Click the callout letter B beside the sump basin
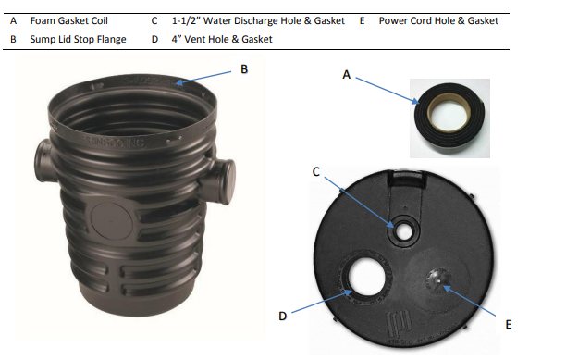pyautogui.click(x=244, y=69)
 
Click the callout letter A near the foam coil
pyautogui.click(x=346, y=75)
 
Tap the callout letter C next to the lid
pyautogui.click(x=316, y=172)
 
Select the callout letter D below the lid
pyautogui.click(x=283, y=317)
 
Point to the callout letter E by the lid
pyautogui.click(x=509, y=325)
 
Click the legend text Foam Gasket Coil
pyautogui.click(x=69, y=21)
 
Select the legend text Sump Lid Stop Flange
pyautogui.click(x=78, y=40)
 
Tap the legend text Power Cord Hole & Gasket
pyautogui.click(x=438, y=21)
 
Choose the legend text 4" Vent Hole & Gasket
pyautogui.click(x=222, y=39)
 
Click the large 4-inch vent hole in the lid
pyautogui.click(x=366, y=276)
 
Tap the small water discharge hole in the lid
pyautogui.click(x=404, y=231)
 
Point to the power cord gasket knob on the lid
pyautogui.click(x=438, y=280)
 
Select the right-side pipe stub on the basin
pyautogui.click(x=220, y=180)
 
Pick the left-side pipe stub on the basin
pyautogui.click(x=44, y=160)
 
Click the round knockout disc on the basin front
pyautogui.click(x=112, y=221)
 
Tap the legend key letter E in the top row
pyautogui.click(x=362, y=21)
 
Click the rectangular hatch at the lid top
pyautogui.click(x=406, y=180)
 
